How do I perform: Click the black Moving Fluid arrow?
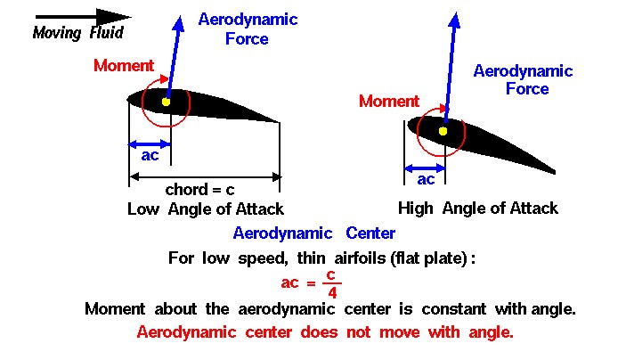83,17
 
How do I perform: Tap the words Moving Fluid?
78,33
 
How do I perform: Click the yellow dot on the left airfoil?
167,102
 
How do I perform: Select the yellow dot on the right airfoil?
443,131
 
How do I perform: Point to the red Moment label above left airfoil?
124,66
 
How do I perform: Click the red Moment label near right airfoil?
389,101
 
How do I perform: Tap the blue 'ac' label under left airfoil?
150,155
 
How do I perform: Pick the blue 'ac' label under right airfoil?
426,179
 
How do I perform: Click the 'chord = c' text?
199,190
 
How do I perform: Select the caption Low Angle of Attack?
206,209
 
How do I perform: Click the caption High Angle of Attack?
478,209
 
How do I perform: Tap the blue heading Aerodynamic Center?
313,233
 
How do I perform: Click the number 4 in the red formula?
332,293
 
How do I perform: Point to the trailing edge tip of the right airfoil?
555,173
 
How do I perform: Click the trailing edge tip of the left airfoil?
279,122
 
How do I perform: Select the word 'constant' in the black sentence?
453,309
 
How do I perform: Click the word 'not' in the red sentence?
359,332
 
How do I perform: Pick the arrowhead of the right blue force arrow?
455,20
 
